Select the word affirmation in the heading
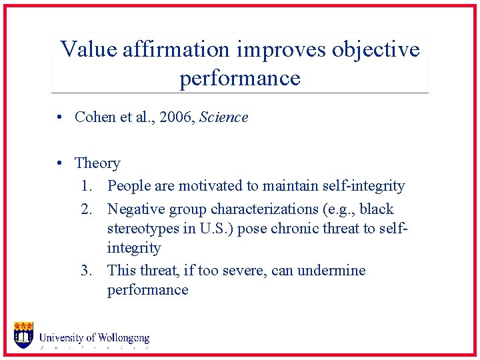176,49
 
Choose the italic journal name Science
223,117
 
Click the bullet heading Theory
97,163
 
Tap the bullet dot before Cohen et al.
60,117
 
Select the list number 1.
87,186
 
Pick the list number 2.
87,209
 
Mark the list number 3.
87,271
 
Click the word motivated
212,186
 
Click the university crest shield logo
23,335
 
